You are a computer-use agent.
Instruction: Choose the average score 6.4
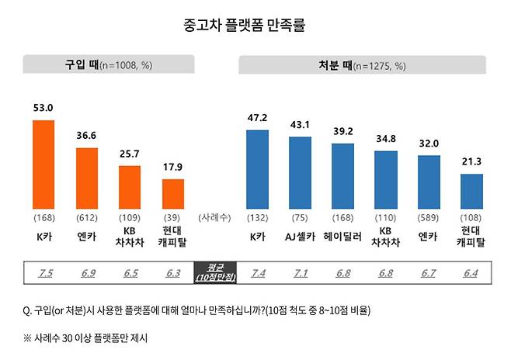coord(471,274)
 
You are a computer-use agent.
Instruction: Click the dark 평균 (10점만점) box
coord(215,274)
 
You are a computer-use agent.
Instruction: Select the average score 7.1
coord(300,274)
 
